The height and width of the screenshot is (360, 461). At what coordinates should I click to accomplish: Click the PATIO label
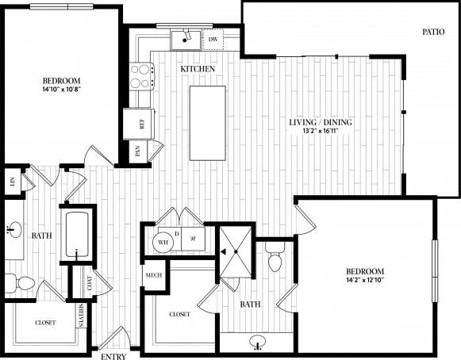click(x=432, y=33)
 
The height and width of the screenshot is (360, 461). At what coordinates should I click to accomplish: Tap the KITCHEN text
click(x=198, y=70)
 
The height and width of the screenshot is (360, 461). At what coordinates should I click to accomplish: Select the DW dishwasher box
click(x=213, y=38)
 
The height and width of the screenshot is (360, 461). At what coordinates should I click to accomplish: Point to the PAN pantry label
click(x=137, y=152)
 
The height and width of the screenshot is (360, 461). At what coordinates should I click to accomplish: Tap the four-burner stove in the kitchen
click(x=140, y=75)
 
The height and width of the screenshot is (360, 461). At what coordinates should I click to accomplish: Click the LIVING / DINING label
click(x=321, y=123)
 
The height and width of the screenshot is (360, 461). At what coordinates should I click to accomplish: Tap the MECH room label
click(x=153, y=275)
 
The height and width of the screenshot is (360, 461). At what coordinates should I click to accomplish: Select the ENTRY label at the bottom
click(x=113, y=356)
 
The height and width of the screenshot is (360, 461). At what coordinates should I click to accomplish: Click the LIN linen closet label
click(x=11, y=181)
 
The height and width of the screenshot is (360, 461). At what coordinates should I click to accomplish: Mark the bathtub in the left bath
click(x=77, y=235)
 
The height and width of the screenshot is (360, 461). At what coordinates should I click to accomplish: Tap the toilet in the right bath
click(x=275, y=259)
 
